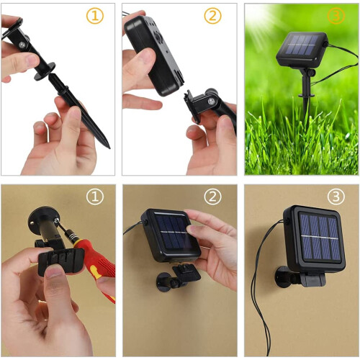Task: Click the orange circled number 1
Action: [95, 16]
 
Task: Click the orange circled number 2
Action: [212, 16]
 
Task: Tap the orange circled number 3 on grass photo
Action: [336, 16]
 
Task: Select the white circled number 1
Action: [95, 197]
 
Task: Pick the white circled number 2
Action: [212, 197]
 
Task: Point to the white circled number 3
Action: [336, 197]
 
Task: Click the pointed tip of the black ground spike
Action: [109, 148]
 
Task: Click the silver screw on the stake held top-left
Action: [22, 45]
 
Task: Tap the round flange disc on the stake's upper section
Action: [45, 71]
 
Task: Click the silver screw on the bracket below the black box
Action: [212, 102]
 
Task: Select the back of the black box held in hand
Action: [153, 55]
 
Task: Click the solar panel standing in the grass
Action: [302, 50]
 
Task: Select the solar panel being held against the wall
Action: [171, 235]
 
